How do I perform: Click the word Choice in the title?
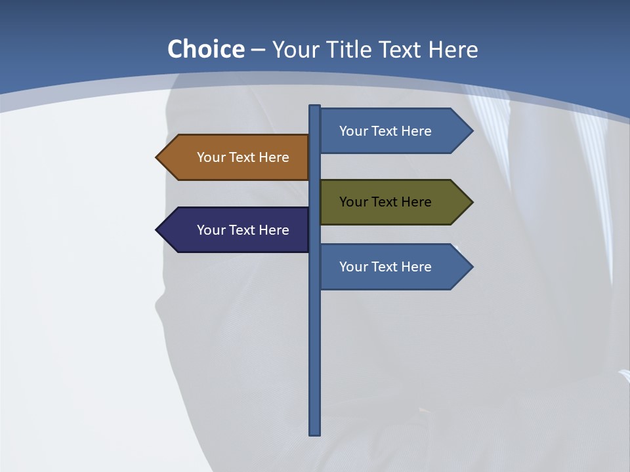click(x=205, y=50)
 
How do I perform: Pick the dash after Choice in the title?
click(x=258, y=50)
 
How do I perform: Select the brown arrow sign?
click(x=236, y=157)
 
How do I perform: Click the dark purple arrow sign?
click(x=236, y=230)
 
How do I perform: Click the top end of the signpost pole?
click(x=314, y=107)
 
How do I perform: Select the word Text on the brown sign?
click(x=243, y=157)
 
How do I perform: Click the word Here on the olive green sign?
click(x=417, y=202)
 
